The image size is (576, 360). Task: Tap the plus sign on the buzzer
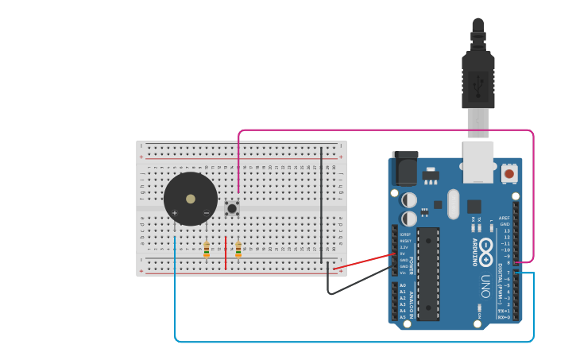tap(175, 213)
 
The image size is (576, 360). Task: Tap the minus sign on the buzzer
tap(207, 213)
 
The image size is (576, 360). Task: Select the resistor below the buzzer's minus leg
tap(207, 250)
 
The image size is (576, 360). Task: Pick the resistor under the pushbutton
tap(238, 250)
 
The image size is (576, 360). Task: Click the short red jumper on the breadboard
tap(226, 253)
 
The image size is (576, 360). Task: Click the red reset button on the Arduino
tap(508, 172)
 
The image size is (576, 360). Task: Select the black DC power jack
tap(404, 169)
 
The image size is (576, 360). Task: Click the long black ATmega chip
tap(428, 273)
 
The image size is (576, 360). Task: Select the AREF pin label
tap(504, 217)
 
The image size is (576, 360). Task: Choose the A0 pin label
tap(402, 285)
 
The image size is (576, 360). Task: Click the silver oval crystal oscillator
tap(454, 203)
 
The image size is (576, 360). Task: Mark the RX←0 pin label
tap(504, 317)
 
